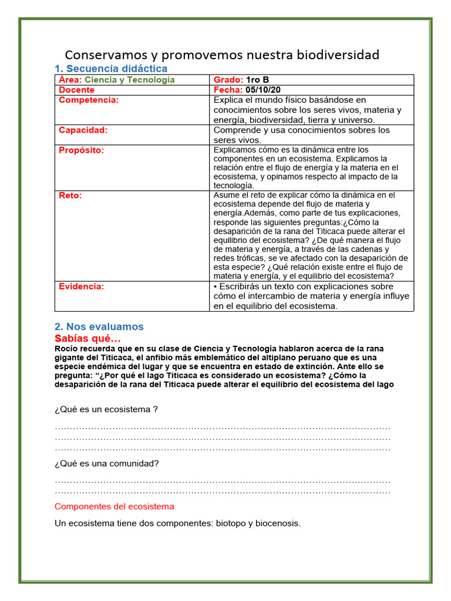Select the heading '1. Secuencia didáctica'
click(111, 69)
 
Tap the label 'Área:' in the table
click(70, 80)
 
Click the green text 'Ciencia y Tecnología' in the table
click(130, 80)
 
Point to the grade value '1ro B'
click(258, 80)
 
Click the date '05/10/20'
click(264, 90)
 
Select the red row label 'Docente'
click(76, 90)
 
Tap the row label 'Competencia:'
click(89, 100)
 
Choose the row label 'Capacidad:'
click(83, 130)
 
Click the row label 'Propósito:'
click(81, 150)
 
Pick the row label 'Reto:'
click(70, 195)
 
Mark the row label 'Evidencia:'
click(81, 286)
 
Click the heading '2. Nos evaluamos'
click(99, 327)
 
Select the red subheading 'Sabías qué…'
click(87, 339)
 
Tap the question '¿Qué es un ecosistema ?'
click(106, 409)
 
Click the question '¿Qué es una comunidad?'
click(106, 463)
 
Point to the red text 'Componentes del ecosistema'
click(114, 506)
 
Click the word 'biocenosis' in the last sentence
click(277, 523)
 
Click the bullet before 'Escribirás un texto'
click(216, 286)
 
